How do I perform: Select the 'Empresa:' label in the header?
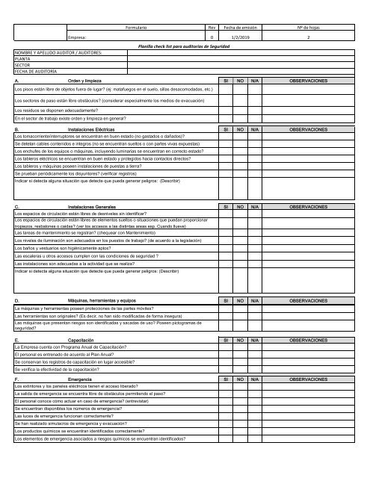point(78,36)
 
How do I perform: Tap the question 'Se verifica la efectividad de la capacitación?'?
point(65,370)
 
